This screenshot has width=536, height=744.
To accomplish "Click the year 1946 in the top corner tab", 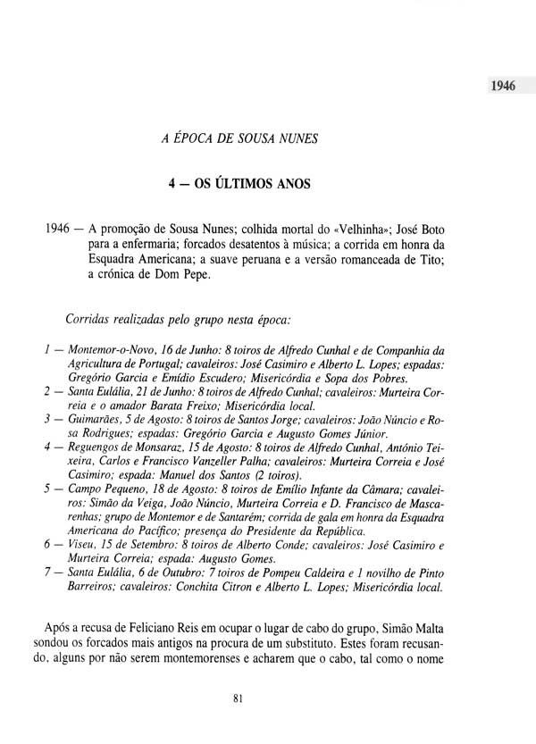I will point(505,87).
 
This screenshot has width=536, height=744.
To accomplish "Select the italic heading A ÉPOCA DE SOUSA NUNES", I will point(235,138).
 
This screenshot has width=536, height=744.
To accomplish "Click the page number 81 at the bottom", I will point(237,699).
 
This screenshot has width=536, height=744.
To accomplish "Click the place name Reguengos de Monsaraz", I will point(130,444).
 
